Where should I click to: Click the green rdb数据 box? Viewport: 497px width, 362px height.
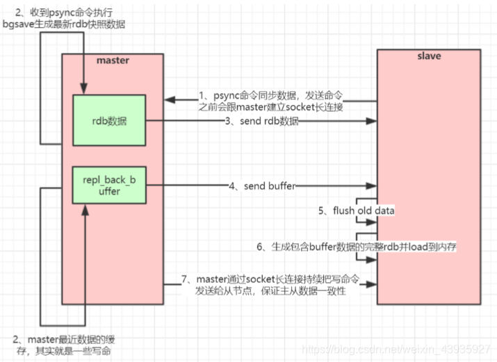[109, 120]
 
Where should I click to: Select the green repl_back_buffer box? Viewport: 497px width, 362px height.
[109, 185]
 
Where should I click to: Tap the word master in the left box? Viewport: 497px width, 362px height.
[113, 60]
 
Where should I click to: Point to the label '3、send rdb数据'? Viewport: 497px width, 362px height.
[261, 121]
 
